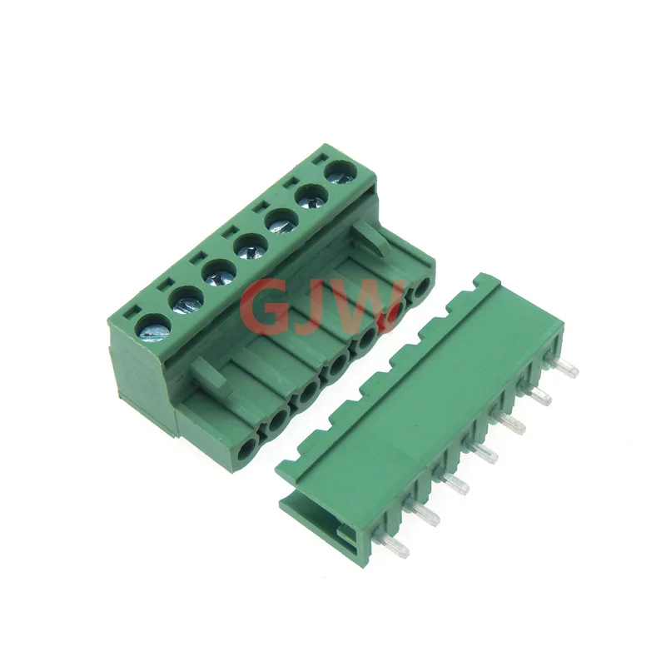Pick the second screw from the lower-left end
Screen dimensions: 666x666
point(186,301)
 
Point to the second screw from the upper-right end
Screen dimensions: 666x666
point(312,197)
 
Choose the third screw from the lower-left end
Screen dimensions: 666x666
point(219,273)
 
